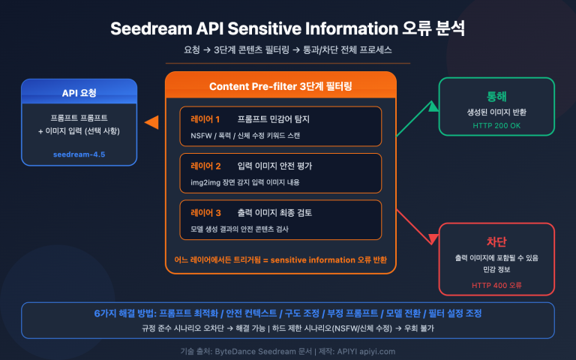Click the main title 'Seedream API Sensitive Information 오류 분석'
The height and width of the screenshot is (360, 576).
(x=287, y=29)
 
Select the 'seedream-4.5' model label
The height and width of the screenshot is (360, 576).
(x=79, y=154)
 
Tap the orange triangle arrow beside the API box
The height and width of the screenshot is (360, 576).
(x=151, y=121)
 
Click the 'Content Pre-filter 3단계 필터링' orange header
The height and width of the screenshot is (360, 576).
(x=280, y=86)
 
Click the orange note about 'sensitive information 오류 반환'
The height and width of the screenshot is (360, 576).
(x=280, y=259)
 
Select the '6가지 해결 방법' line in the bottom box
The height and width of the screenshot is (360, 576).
(x=288, y=313)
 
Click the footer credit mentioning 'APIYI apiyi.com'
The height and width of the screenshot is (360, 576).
(x=288, y=350)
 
